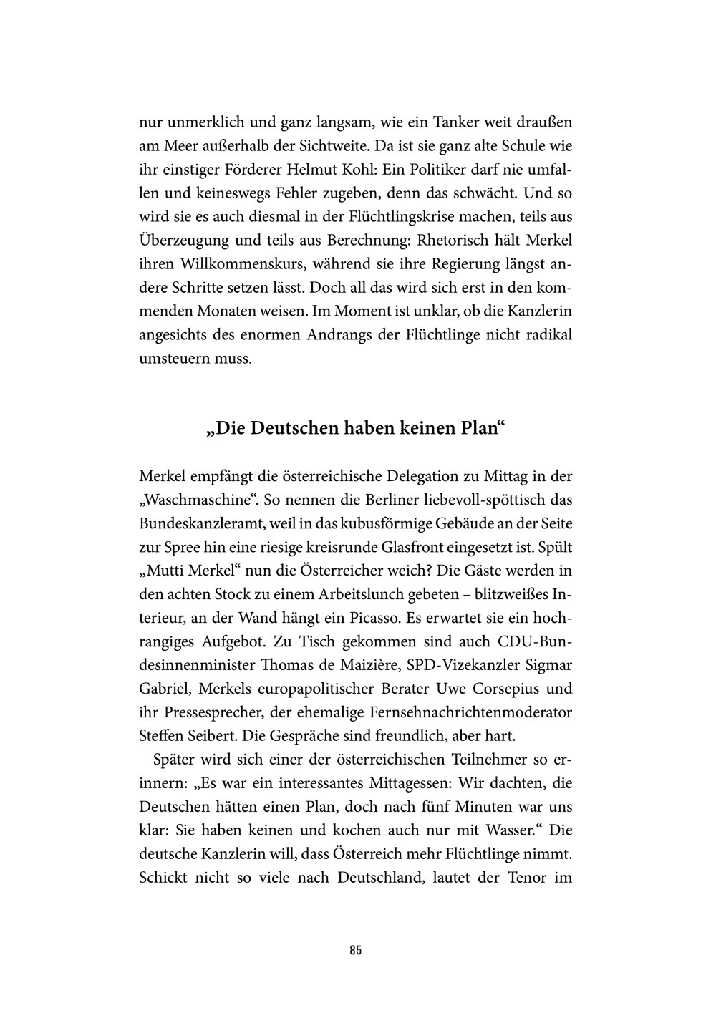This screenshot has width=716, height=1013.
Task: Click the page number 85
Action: pos(356,951)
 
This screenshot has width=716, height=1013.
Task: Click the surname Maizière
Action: pos(357,665)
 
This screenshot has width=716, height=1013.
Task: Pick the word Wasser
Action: pos(498,830)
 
